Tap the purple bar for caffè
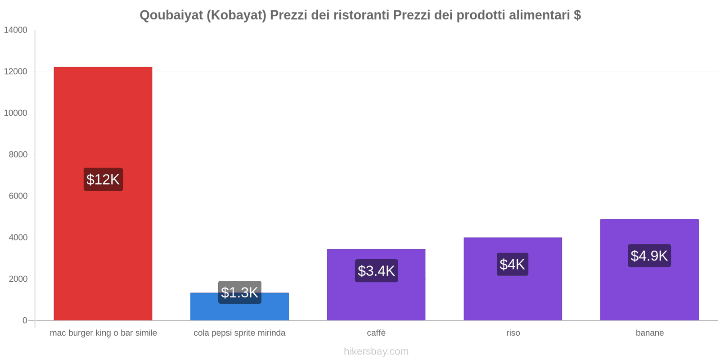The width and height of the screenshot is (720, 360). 376,297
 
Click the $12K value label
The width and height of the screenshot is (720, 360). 103,180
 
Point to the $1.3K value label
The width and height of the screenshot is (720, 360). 239,292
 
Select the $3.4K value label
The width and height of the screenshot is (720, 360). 376,271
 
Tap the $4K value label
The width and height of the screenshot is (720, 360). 513,265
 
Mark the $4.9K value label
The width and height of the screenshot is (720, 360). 649,256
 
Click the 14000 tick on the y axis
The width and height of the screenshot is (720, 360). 16,30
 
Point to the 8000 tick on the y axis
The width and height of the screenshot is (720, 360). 18,154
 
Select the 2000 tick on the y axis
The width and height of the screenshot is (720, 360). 18,279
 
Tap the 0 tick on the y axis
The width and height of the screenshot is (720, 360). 25,320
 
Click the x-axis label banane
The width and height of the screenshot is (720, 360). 649,333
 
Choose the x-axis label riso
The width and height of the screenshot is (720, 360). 513,333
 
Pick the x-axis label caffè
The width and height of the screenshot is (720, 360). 376,333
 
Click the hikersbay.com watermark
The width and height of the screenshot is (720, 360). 376,351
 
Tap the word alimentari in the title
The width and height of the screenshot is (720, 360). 539,15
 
